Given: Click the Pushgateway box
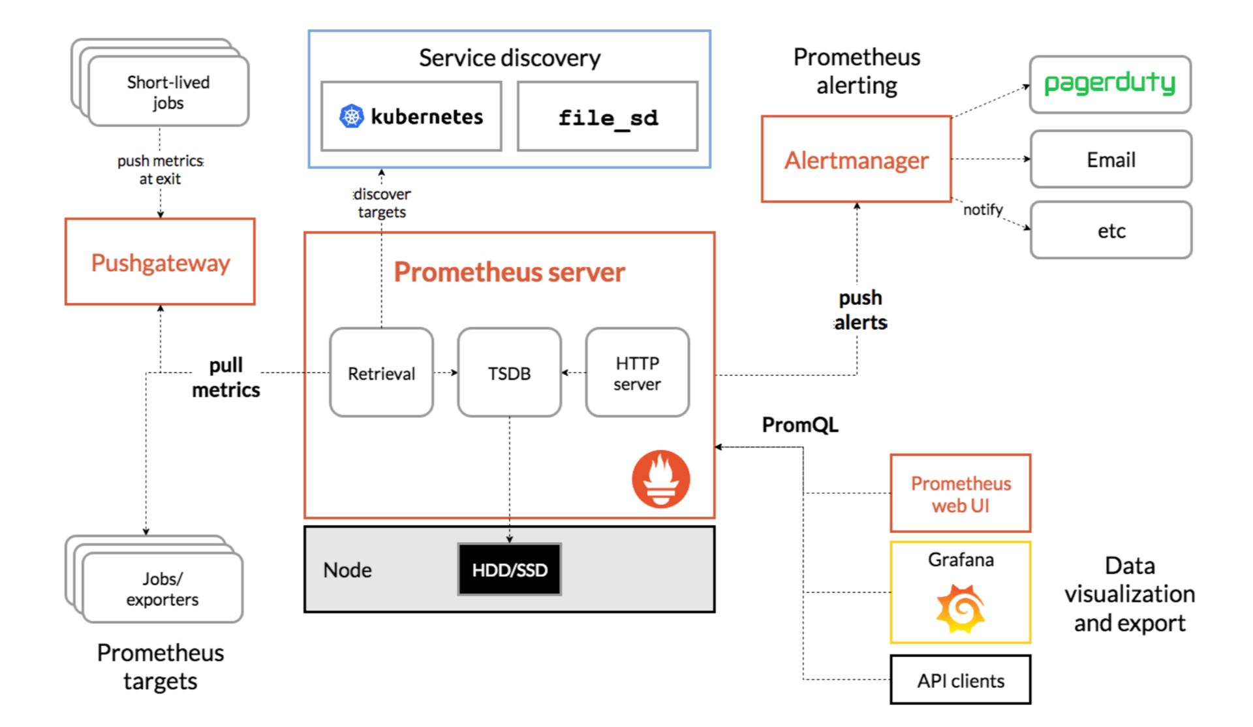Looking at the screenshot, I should [160, 262].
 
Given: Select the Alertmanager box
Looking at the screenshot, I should [856, 159].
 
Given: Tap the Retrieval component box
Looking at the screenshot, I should [381, 373].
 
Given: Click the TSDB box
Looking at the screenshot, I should [509, 373].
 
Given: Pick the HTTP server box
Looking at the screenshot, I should [637, 373].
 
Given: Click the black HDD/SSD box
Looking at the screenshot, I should [509, 570].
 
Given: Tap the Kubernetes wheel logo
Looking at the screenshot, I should [352, 116].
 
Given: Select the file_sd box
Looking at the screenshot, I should [608, 117].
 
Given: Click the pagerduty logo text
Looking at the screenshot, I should [1109, 84].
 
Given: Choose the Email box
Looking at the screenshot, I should [1111, 159].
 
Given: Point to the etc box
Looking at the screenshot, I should [1111, 231].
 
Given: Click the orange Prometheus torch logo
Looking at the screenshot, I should [660, 479].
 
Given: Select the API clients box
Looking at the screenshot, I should [960, 681].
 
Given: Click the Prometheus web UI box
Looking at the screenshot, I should [960, 494].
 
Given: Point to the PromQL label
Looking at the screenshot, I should [800, 425].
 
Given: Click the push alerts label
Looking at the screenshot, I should [860, 310].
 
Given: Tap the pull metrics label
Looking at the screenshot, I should [226, 377].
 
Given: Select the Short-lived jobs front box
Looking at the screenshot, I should [168, 91].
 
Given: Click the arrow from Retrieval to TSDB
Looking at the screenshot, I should [446, 373].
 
